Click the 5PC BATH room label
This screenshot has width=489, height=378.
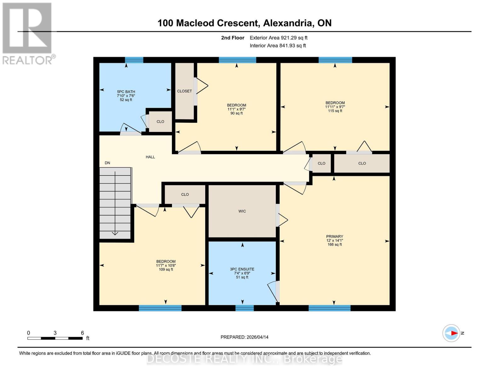pyautogui.click(x=126, y=96)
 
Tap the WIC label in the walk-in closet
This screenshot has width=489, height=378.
pyautogui.click(x=242, y=211)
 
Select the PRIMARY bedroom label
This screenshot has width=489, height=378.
pyautogui.click(x=334, y=240)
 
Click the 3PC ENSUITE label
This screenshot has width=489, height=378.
pyautogui.click(x=242, y=273)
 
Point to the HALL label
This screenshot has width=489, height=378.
pyautogui.click(x=150, y=157)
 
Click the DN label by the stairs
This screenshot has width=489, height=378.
pyautogui.click(x=107, y=163)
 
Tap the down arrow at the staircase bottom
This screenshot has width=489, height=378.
pyautogui.click(x=115, y=233)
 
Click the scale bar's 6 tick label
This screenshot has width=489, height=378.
pyautogui.click(x=82, y=333)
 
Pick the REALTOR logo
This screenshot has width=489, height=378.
pyautogui.click(x=28, y=33)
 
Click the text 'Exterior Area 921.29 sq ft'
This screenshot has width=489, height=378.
pyautogui.click(x=278, y=38)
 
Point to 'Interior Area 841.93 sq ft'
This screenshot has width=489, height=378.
pyautogui.click(x=278, y=46)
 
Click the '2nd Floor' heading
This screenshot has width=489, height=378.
pyautogui.click(x=232, y=38)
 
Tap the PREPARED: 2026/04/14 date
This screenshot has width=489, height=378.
pyautogui.click(x=244, y=337)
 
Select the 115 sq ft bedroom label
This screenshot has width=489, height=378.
pyautogui.click(x=335, y=107)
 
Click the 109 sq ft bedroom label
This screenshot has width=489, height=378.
pyautogui.click(x=166, y=266)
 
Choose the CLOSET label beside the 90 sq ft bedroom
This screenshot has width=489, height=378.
pyautogui.click(x=184, y=91)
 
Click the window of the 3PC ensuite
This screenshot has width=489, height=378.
pyautogui.click(x=244, y=308)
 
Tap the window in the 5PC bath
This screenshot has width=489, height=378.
pyautogui.click(x=134, y=60)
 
